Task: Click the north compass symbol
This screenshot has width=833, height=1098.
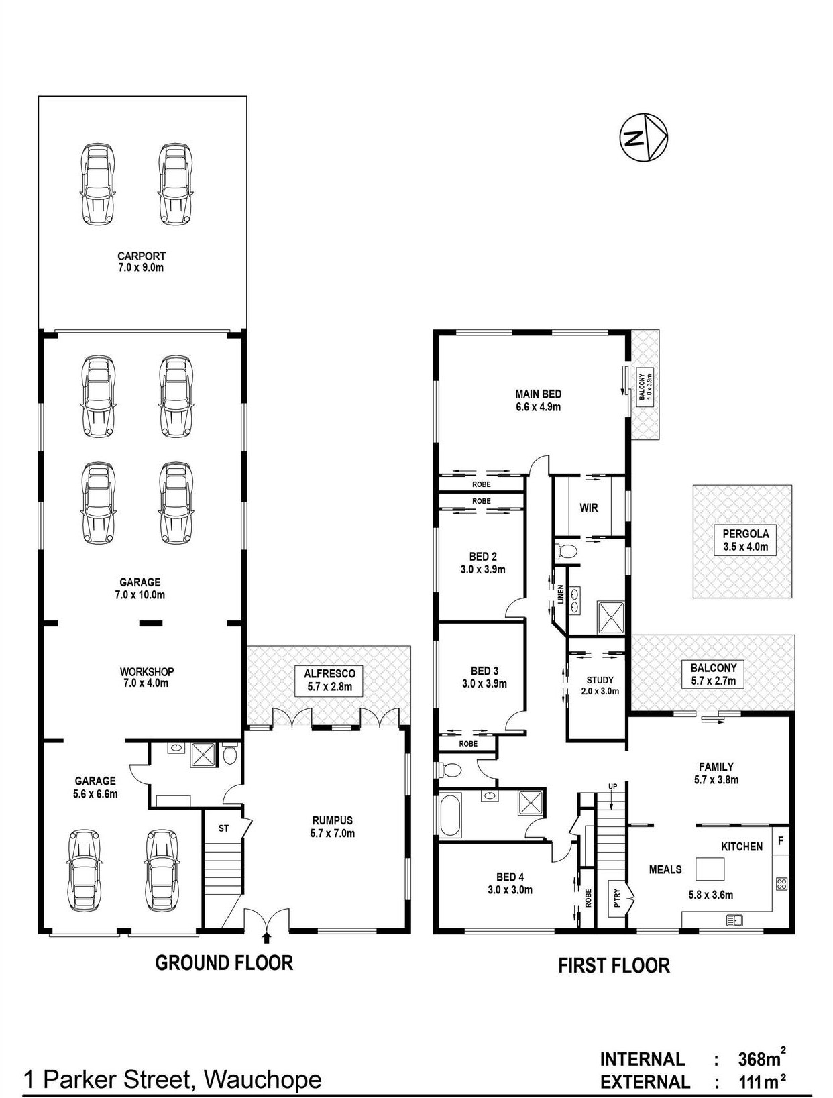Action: (643, 137)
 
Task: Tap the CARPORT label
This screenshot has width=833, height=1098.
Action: (142, 256)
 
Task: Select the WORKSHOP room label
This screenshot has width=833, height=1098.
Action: (146, 671)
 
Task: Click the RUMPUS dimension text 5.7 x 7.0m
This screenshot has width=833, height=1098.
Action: (333, 833)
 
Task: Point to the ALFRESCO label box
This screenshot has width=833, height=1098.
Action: (329, 680)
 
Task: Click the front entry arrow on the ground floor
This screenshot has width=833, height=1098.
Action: (267, 937)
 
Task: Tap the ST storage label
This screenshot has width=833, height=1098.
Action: (223, 828)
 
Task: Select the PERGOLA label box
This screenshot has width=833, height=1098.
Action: (745, 540)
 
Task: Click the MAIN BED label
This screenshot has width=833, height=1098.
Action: (538, 394)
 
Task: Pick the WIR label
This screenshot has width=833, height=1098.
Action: (588, 508)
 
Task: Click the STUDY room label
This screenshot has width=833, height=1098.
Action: (600, 680)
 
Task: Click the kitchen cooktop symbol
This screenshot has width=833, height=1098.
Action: (781, 883)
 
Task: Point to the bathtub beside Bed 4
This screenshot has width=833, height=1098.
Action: (451, 816)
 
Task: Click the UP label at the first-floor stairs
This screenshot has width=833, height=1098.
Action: (612, 787)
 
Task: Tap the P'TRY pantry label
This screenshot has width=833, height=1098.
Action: (616, 900)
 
